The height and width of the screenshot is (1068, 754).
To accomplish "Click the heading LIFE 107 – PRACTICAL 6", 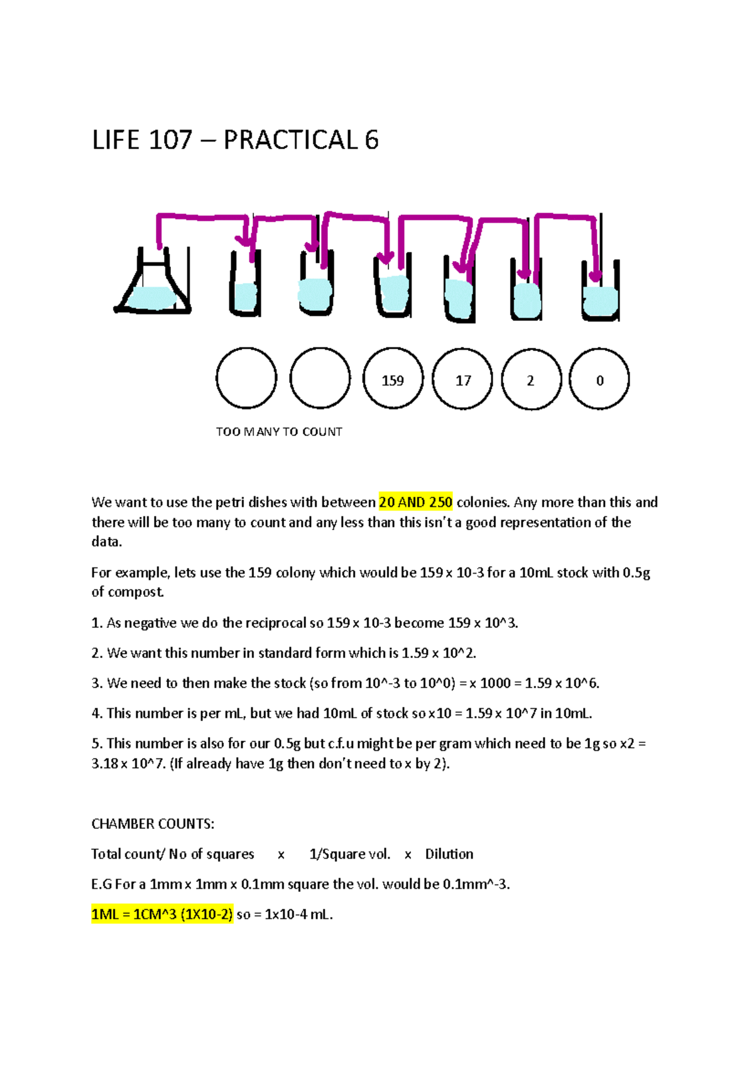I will (235, 140).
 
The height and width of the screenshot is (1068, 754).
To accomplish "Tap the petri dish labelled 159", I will (393, 379).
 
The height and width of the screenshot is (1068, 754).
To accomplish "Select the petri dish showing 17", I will (463, 379).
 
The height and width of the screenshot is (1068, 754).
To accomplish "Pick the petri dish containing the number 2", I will (531, 379).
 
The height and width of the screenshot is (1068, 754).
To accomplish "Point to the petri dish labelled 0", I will (599, 379).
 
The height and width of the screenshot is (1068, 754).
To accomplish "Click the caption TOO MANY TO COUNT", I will (279, 432).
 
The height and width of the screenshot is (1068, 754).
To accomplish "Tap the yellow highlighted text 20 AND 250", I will (415, 502).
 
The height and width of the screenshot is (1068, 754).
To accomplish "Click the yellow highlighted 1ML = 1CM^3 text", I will (162, 914).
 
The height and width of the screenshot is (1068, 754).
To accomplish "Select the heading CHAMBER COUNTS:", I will (153, 823).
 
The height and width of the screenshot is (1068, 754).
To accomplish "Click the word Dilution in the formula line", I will (449, 854).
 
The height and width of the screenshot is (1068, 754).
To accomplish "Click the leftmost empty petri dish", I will (246, 379).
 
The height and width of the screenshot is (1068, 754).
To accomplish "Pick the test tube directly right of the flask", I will (245, 286).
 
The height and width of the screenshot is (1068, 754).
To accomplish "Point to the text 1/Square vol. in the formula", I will (349, 854).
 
